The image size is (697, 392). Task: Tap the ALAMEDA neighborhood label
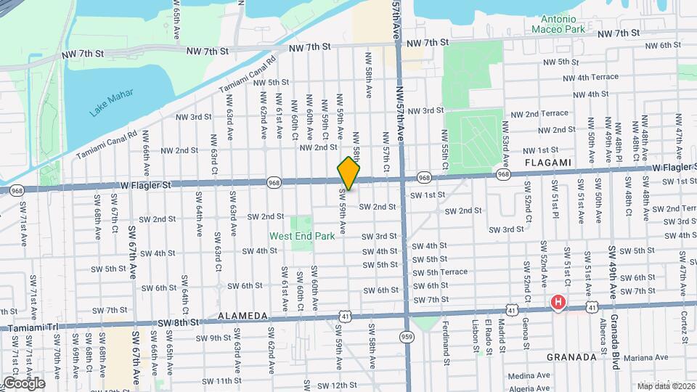point(242,317)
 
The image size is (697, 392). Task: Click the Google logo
point(23,383)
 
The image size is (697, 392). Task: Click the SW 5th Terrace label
point(440,272)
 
